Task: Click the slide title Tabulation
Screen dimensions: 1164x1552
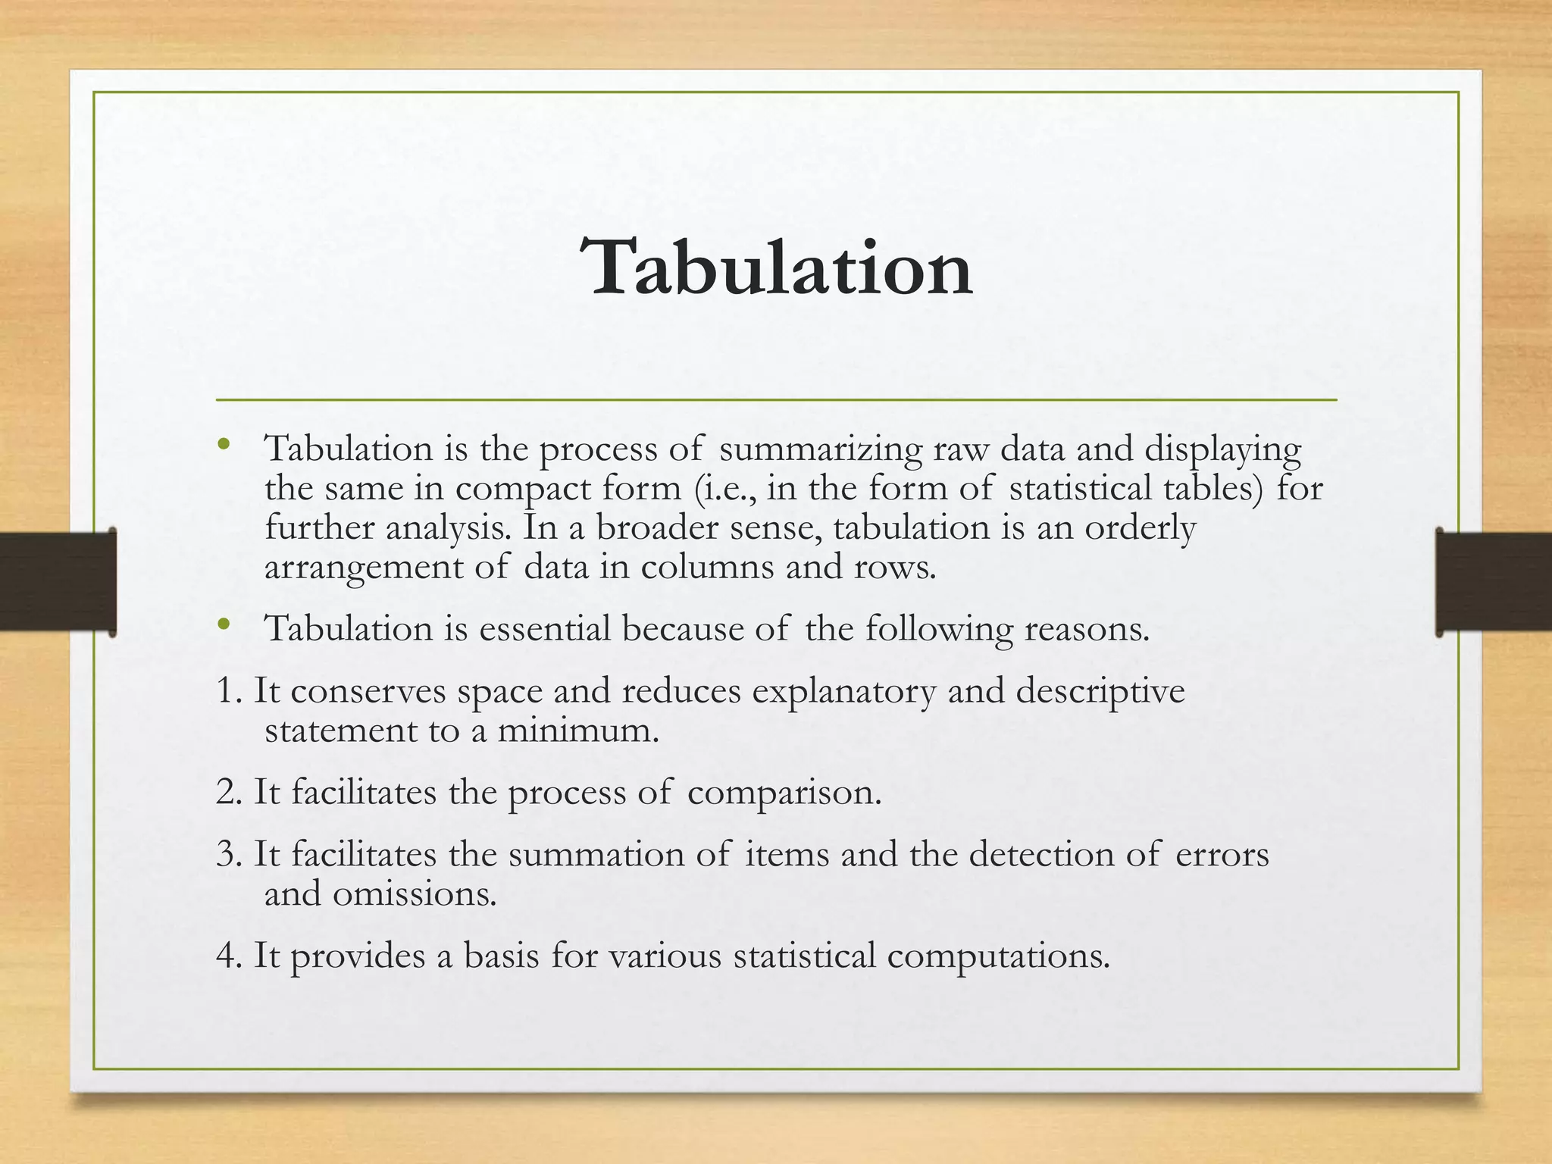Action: click(x=776, y=268)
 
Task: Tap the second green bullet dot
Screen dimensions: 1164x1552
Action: click(x=223, y=624)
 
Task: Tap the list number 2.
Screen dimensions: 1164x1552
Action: click(x=228, y=793)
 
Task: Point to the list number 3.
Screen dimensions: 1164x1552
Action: click(x=228, y=855)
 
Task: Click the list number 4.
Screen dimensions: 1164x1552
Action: click(x=228, y=956)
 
